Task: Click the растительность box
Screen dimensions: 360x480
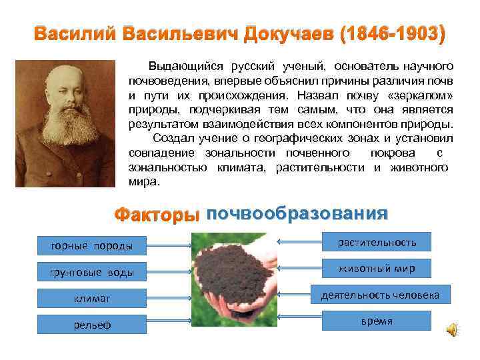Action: [x=377, y=241]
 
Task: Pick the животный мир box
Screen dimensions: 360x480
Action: [x=377, y=268]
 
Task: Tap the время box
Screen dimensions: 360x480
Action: [x=377, y=321]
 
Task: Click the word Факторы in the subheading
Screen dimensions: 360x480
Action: [x=157, y=215]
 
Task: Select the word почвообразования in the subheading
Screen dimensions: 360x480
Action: [x=297, y=213]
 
